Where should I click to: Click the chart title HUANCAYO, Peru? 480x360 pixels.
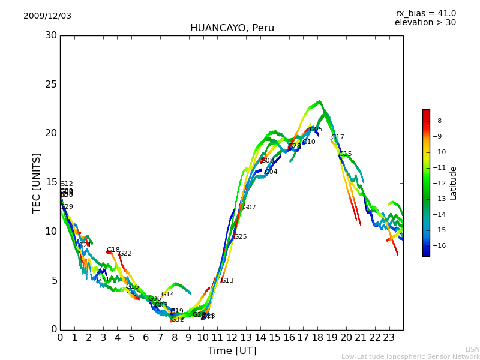pyautogui.click(x=232, y=28)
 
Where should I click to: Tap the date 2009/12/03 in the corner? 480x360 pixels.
pyautogui.click(x=47, y=16)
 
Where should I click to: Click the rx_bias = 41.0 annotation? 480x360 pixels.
pyautogui.click(x=425, y=14)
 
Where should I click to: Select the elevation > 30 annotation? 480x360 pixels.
pyautogui.click(x=425, y=23)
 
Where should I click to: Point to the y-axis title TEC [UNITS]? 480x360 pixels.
pyautogui.click(x=37, y=182)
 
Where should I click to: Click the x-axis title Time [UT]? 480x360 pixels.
pyautogui.click(x=232, y=351)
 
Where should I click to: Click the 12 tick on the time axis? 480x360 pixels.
pyautogui.click(x=232, y=337)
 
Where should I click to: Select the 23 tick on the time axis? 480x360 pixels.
pyautogui.click(x=389, y=337)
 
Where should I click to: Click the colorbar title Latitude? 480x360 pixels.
pyautogui.click(x=454, y=183)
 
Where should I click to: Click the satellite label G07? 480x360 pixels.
pyautogui.click(x=249, y=208)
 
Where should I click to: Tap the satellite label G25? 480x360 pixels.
pyautogui.click(x=240, y=237)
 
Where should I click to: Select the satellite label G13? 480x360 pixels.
pyautogui.click(x=227, y=281)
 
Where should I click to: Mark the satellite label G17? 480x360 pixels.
pyautogui.click(x=337, y=137)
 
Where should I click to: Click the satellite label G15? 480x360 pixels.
pyautogui.click(x=345, y=154)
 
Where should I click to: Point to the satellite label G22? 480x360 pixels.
pyautogui.click(x=125, y=254)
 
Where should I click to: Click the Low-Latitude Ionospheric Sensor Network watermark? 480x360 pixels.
pyautogui.click(x=410, y=356)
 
